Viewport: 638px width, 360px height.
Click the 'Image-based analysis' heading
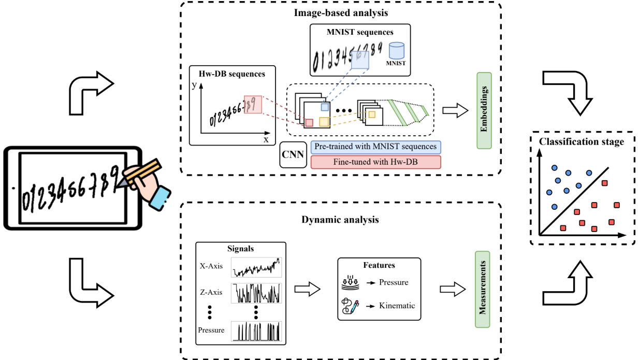[340, 12]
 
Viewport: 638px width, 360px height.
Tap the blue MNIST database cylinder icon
[396, 51]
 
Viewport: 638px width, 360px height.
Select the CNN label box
[293, 154]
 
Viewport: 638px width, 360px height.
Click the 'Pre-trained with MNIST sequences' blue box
[375, 147]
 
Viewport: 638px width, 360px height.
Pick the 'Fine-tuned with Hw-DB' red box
[375, 162]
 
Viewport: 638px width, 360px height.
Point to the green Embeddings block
[483, 110]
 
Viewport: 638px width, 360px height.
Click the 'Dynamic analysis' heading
[340, 220]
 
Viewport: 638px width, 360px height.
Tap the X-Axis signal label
[211, 266]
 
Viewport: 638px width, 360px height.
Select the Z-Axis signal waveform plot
[256, 293]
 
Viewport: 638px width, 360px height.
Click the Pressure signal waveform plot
[256, 330]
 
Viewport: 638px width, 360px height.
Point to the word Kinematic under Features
[397, 306]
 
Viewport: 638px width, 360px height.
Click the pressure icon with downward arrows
[351, 282]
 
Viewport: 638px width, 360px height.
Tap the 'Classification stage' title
[582, 141]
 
